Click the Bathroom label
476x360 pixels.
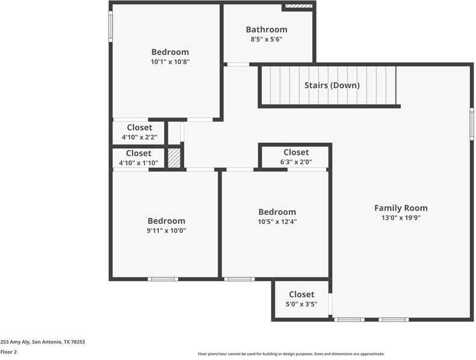[266, 29]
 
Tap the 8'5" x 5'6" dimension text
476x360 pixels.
[266, 40]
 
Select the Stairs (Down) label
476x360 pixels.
[332, 85]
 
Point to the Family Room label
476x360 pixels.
[401, 208]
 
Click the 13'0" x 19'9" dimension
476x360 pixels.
[401, 219]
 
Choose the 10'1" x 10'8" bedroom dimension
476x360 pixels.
[170, 62]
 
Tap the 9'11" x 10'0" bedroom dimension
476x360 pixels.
[167, 231]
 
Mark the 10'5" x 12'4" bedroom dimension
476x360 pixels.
[277, 222]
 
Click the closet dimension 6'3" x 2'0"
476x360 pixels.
[296, 162]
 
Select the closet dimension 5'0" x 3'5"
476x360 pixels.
[301, 304]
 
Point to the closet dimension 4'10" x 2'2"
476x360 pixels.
[139, 137]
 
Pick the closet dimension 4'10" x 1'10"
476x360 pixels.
[138, 163]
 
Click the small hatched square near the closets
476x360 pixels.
[174, 158]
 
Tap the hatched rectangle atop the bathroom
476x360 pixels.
[298, 7]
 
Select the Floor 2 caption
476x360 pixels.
[8, 352]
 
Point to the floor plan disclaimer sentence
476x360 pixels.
[291, 354]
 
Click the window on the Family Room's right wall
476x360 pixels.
[472, 125]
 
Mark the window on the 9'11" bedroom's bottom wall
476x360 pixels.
[163, 279]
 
